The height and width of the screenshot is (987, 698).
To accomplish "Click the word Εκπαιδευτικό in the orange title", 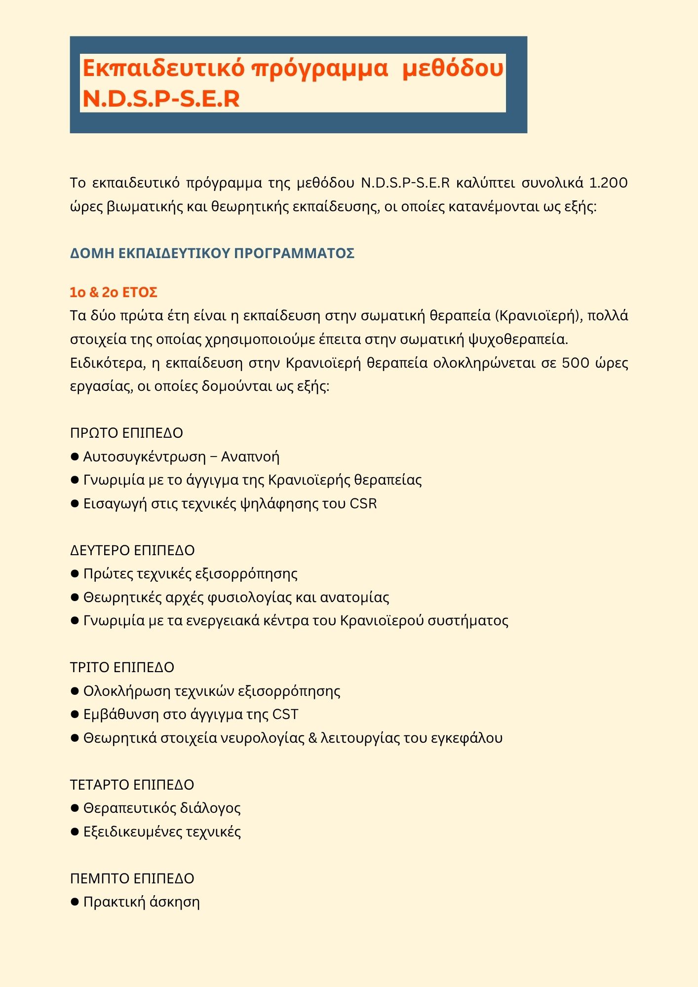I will click(x=163, y=68).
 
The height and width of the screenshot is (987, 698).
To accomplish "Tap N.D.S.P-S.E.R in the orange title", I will click(x=161, y=99).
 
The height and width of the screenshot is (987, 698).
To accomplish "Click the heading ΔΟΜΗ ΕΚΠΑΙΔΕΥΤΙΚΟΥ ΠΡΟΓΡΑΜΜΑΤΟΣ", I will click(x=212, y=253).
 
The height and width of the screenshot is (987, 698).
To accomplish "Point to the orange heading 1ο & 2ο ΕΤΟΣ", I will click(x=114, y=292).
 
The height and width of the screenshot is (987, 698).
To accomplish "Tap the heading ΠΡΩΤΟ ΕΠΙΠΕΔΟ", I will click(x=126, y=433).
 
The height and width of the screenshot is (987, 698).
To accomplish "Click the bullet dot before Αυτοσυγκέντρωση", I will click(x=75, y=456).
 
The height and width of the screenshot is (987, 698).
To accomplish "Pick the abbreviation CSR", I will click(x=363, y=504).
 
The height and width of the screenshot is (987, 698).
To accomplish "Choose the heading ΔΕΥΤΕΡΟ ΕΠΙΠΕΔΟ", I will click(x=132, y=550).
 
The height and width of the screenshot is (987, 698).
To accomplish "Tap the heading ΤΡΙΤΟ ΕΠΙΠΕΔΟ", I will click(x=122, y=667).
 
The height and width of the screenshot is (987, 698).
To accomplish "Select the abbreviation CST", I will click(x=285, y=715).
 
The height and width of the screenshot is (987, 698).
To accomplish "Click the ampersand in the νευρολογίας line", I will click(x=312, y=738).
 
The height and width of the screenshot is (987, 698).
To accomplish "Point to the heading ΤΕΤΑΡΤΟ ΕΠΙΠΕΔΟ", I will click(x=132, y=785).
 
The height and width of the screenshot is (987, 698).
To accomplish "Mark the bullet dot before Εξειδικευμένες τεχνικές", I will click(x=75, y=832).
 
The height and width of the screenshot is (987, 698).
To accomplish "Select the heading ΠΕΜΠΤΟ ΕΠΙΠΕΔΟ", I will click(x=132, y=878).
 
